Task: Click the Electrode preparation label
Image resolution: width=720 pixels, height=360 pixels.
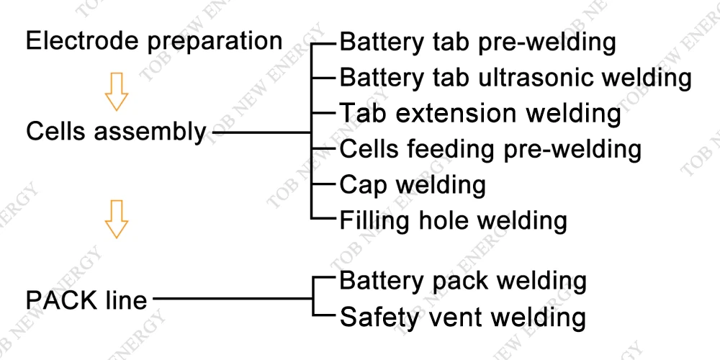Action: pyautogui.click(x=154, y=41)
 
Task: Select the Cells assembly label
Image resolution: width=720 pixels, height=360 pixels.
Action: pyautogui.click(x=116, y=132)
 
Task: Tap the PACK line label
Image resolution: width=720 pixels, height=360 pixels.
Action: pyautogui.click(x=86, y=299)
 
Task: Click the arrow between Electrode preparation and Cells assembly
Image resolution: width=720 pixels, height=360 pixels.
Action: pyautogui.click(x=116, y=91)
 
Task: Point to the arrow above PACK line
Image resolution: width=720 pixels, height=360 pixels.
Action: pyautogui.click(x=116, y=219)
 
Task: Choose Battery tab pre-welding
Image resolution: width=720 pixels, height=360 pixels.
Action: pyautogui.click(x=477, y=42)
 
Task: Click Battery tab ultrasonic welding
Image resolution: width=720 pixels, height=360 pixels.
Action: pyautogui.click(x=516, y=77)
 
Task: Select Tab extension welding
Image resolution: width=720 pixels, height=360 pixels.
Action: pyautogui.click(x=480, y=113)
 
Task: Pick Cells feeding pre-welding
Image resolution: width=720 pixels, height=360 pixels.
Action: pyautogui.click(x=490, y=149)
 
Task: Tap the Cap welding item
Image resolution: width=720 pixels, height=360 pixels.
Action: pyautogui.click(x=413, y=184)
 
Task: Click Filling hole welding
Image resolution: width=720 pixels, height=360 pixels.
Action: pyautogui.click(x=453, y=220)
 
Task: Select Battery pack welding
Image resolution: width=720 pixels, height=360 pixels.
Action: pyautogui.click(x=462, y=281)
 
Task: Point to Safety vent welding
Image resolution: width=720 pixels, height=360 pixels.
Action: pyautogui.click(x=462, y=317)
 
